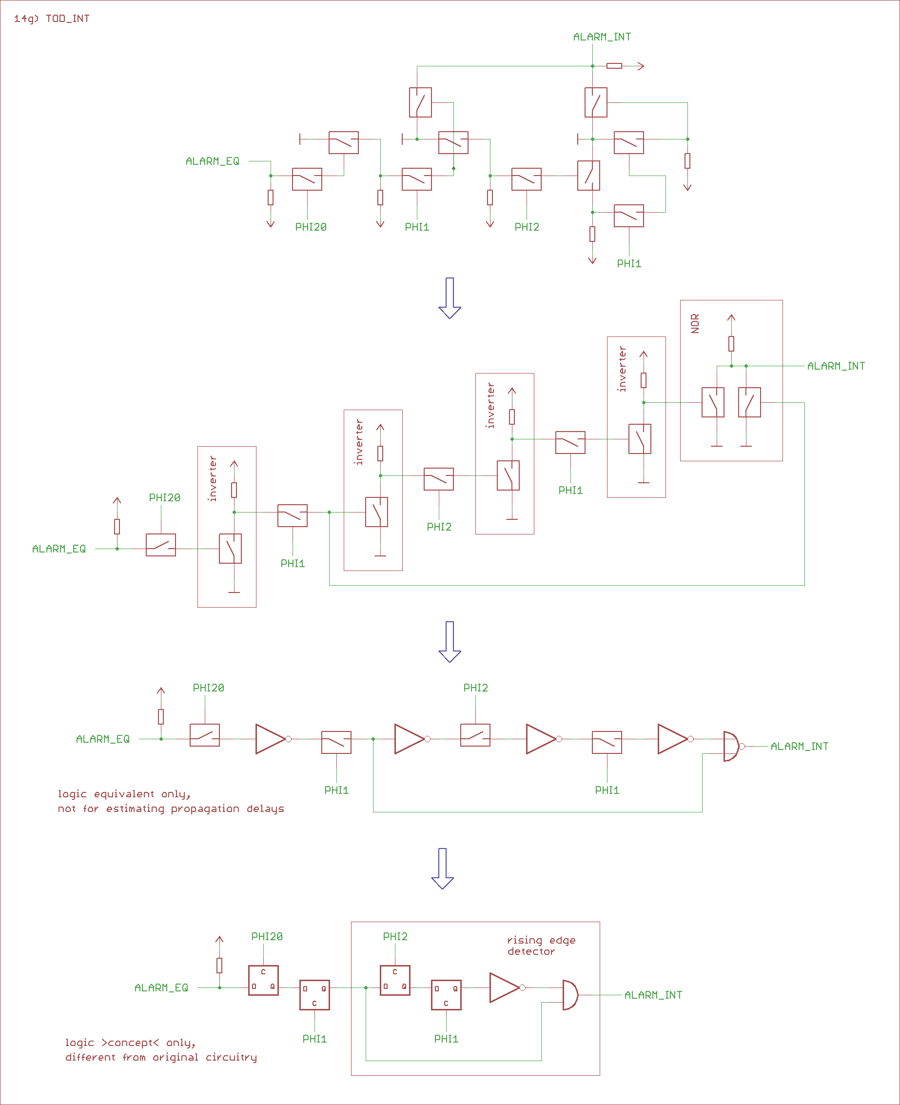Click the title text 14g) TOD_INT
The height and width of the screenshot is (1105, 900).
[51, 19]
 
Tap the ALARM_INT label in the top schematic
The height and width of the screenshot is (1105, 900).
[602, 37]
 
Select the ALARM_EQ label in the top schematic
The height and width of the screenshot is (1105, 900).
[213, 161]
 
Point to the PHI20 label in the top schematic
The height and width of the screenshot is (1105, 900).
[311, 227]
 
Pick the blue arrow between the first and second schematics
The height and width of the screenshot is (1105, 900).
[450, 298]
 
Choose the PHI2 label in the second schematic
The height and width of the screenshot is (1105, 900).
[439, 527]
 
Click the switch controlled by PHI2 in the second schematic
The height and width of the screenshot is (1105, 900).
[439, 479]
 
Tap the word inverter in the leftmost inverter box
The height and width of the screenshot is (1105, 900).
[213, 478]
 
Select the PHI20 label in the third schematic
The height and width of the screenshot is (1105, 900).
[208, 688]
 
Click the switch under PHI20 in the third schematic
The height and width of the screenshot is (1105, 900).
[205, 735]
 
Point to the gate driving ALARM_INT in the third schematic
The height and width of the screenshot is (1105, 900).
[731, 746]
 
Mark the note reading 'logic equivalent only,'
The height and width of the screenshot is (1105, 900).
[124, 794]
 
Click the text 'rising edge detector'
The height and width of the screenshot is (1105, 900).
[541, 945]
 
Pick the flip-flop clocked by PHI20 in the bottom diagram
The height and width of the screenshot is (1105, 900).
[263, 980]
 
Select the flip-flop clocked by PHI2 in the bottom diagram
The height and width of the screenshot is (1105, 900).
[395, 980]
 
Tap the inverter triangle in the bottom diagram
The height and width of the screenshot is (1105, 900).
[504, 987]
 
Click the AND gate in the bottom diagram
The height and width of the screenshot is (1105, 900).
[570, 995]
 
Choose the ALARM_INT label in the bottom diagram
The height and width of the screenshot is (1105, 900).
[653, 995]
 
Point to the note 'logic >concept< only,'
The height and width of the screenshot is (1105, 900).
[130, 1042]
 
